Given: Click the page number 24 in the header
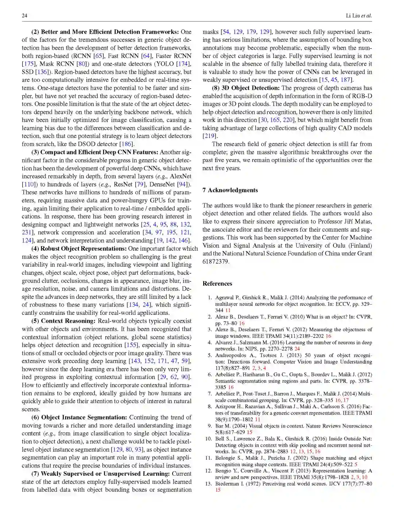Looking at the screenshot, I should pos(24,15).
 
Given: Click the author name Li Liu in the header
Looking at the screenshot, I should pos(353,15).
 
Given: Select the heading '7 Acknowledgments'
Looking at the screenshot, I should pos(230,190).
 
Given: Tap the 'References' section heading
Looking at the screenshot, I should pos(217,283).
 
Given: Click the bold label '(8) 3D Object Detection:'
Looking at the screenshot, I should pos(246,88).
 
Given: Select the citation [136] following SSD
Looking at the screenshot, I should pos(43,72).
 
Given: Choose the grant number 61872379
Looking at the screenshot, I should pos(215,262).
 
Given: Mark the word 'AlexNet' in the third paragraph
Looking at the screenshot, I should pos(181,176).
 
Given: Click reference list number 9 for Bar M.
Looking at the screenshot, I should pos(210,426).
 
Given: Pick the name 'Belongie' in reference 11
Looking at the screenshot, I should pos(226,458).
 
